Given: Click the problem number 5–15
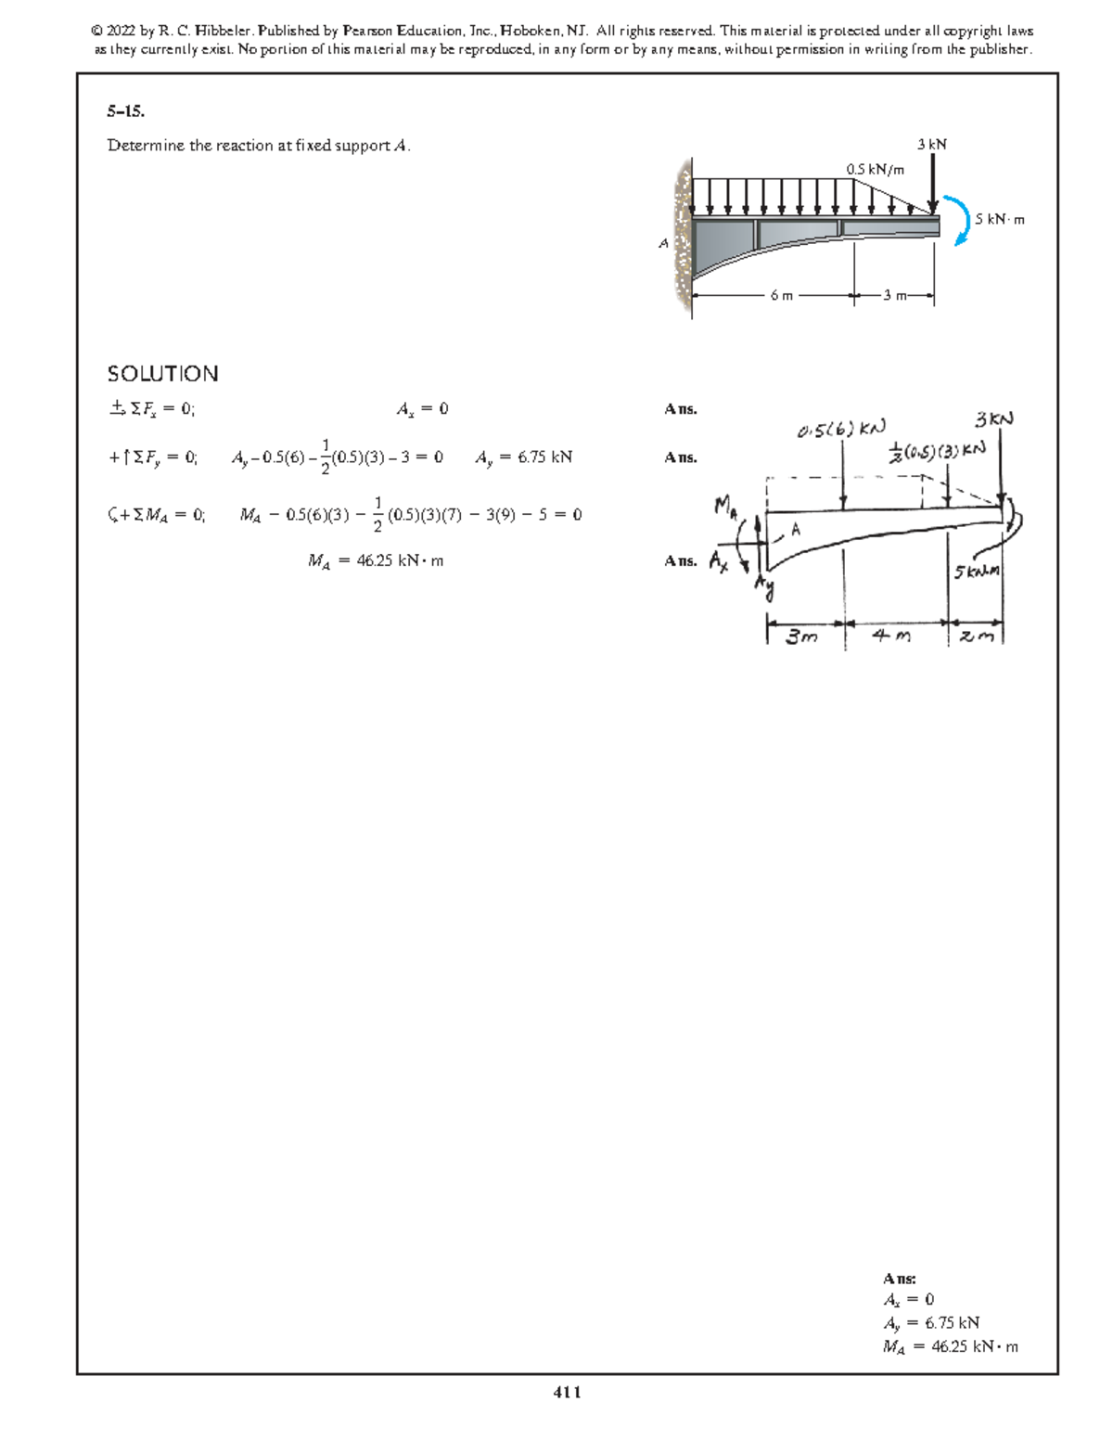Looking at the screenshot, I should tap(125, 112).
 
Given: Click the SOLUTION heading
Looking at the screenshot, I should tap(163, 374).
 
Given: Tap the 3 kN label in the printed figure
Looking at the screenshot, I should tap(931, 144).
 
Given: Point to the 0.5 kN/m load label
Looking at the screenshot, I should tap(875, 169).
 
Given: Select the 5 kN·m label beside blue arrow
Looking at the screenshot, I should tap(1000, 220).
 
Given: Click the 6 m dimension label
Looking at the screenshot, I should tap(781, 296).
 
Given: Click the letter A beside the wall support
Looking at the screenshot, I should tap(662, 244).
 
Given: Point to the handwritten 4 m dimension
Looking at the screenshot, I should tap(891, 636).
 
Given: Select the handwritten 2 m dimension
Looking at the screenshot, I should tap(976, 636).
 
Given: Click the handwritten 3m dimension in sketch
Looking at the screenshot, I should tap(802, 637).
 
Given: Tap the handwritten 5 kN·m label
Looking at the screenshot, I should tap(978, 572).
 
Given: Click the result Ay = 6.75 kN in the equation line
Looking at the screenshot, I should tap(523, 457).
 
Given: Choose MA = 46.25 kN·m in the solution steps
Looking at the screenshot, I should tap(375, 560).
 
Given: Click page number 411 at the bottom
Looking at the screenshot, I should tap(567, 1392).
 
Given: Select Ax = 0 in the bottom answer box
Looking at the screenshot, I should tap(908, 1299).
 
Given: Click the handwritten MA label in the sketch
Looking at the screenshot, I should tap(724, 507).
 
